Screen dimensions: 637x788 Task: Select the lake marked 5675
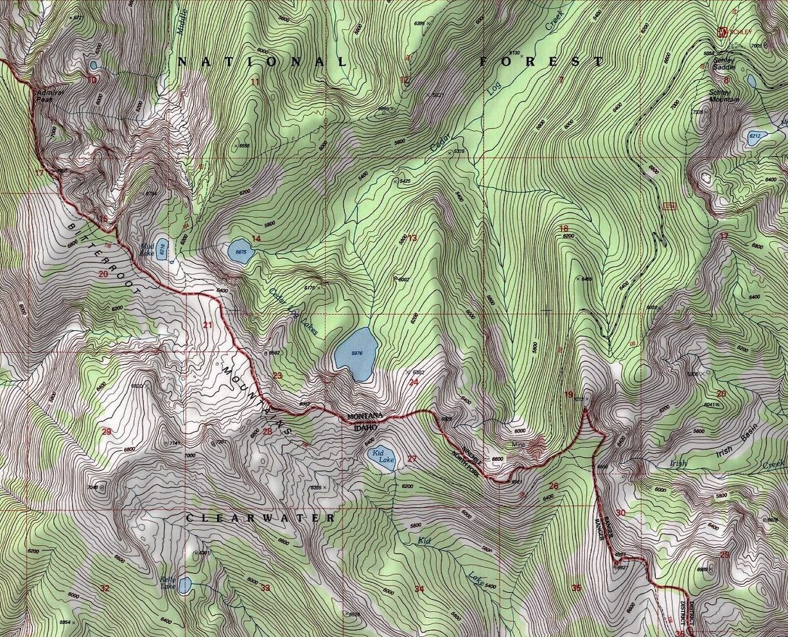tap(240, 251)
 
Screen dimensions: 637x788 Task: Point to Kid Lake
tap(383, 458)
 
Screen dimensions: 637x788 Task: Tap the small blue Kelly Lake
tap(184, 585)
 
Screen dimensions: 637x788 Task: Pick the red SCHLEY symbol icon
tap(722, 31)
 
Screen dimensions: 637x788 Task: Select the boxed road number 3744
tap(670, 205)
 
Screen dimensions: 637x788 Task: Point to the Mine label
tap(518, 444)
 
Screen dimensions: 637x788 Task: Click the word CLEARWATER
tap(260, 518)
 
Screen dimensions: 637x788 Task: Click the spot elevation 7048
tap(94, 487)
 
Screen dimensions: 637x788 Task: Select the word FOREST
tap(541, 61)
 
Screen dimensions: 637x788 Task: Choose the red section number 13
tap(412, 238)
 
